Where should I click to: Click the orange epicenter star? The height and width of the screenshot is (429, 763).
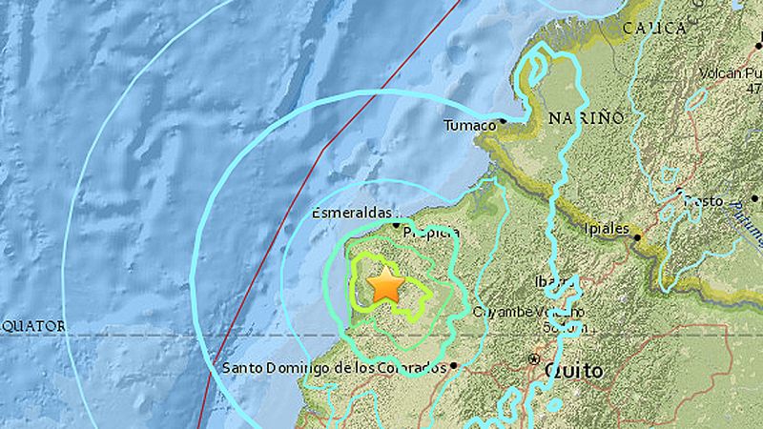(x=385, y=284)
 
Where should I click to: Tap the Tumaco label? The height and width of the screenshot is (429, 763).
(x=470, y=125)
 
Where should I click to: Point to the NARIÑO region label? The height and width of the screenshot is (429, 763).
(x=587, y=117)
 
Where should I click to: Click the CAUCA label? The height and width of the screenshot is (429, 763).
(x=654, y=29)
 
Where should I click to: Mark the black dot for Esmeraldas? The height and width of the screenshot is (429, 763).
(x=397, y=224)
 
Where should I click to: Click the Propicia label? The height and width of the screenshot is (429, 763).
(x=430, y=232)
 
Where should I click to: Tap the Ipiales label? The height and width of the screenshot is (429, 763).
(x=607, y=229)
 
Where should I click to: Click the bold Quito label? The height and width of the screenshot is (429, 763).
(x=573, y=370)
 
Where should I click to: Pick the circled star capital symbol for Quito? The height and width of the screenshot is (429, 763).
(x=532, y=359)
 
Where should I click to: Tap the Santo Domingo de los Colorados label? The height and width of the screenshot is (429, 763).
(x=334, y=367)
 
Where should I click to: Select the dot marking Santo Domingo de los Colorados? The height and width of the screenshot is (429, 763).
(x=454, y=364)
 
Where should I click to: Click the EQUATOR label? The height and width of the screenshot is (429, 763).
(x=33, y=326)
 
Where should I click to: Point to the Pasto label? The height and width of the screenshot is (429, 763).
(x=701, y=201)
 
